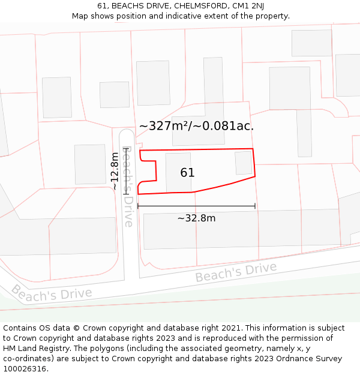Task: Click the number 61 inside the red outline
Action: (187, 173)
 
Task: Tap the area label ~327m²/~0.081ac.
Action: (196, 126)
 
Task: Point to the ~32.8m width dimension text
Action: (196, 218)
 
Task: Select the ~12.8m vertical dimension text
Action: (115, 171)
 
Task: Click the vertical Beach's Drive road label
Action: (128, 187)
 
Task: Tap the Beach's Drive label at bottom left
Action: (52, 293)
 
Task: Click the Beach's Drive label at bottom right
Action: (236, 272)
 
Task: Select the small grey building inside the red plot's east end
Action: (244, 163)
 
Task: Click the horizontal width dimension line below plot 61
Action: (196, 206)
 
